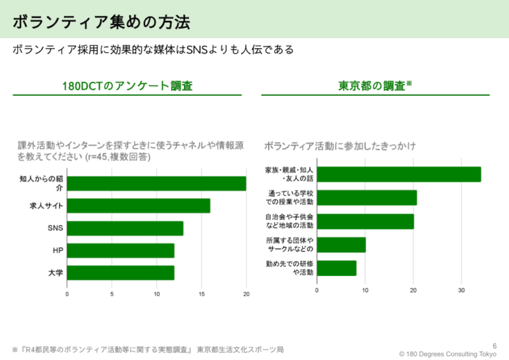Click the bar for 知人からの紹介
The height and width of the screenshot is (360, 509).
click(x=156, y=183)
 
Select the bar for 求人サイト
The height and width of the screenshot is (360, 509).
click(x=138, y=205)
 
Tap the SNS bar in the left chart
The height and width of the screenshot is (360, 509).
click(x=125, y=228)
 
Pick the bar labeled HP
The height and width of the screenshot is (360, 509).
click(x=120, y=251)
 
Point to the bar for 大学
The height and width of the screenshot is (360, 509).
click(x=120, y=273)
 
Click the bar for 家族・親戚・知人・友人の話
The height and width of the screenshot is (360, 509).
click(x=398, y=174)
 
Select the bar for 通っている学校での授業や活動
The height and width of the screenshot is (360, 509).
click(x=366, y=198)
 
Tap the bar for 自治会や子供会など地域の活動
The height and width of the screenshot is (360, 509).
click(x=365, y=221)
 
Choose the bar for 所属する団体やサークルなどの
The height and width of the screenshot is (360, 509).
click(x=341, y=245)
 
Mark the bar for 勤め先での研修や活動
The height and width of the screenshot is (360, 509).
click(x=337, y=268)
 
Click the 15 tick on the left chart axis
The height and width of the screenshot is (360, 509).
click(x=202, y=294)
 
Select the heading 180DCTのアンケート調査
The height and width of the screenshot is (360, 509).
click(x=127, y=85)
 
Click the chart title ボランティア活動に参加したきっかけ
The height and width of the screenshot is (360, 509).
click(x=340, y=147)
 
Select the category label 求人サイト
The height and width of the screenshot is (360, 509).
click(x=46, y=206)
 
